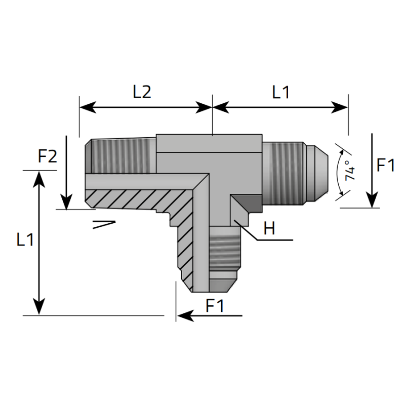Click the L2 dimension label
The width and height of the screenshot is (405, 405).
[142, 92]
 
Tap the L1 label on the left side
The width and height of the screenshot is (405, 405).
[25, 239]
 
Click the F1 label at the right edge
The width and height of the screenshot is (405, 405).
[386, 165]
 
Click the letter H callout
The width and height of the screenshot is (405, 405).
[269, 229]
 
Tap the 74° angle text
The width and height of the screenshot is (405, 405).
[349, 171]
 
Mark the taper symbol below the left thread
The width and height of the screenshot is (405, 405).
[104, 224]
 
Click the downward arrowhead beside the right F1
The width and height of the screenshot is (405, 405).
[372, 201]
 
